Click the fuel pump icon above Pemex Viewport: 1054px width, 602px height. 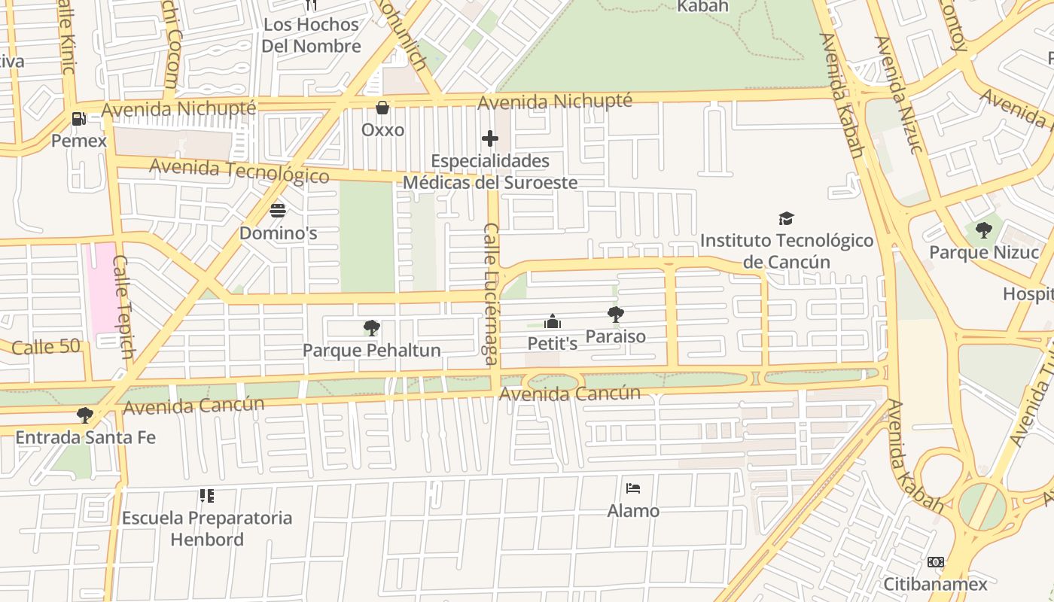tap(78, 119)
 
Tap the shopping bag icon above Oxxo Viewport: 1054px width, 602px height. tap(382, 108)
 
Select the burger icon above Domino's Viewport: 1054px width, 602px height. tap(278, 210)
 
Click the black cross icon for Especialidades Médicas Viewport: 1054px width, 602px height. tap(490, 138)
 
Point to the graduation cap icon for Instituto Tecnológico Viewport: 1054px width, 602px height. tap(786, 218)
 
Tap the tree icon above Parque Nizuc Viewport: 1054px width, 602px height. tap(983, 230)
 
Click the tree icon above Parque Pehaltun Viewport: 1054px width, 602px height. tap(371, 328)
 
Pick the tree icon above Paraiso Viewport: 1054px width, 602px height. tap(615, 315)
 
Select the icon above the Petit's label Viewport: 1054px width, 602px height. tap(553, 322)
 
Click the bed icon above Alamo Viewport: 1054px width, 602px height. tap(633, 488)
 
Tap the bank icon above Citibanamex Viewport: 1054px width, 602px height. tap(935, 562)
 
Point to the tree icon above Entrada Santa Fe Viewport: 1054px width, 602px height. tap(85, 415)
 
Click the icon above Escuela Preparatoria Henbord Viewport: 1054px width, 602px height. tap(206, 496)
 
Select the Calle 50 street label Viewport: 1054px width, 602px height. tap(46, 347)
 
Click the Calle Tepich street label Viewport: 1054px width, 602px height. tap(123, 307)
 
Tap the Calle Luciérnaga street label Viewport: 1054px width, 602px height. tap(492, 293)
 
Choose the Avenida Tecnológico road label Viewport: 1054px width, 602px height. tap(239, 171)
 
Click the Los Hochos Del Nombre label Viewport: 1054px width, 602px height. tap(311, 35)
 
